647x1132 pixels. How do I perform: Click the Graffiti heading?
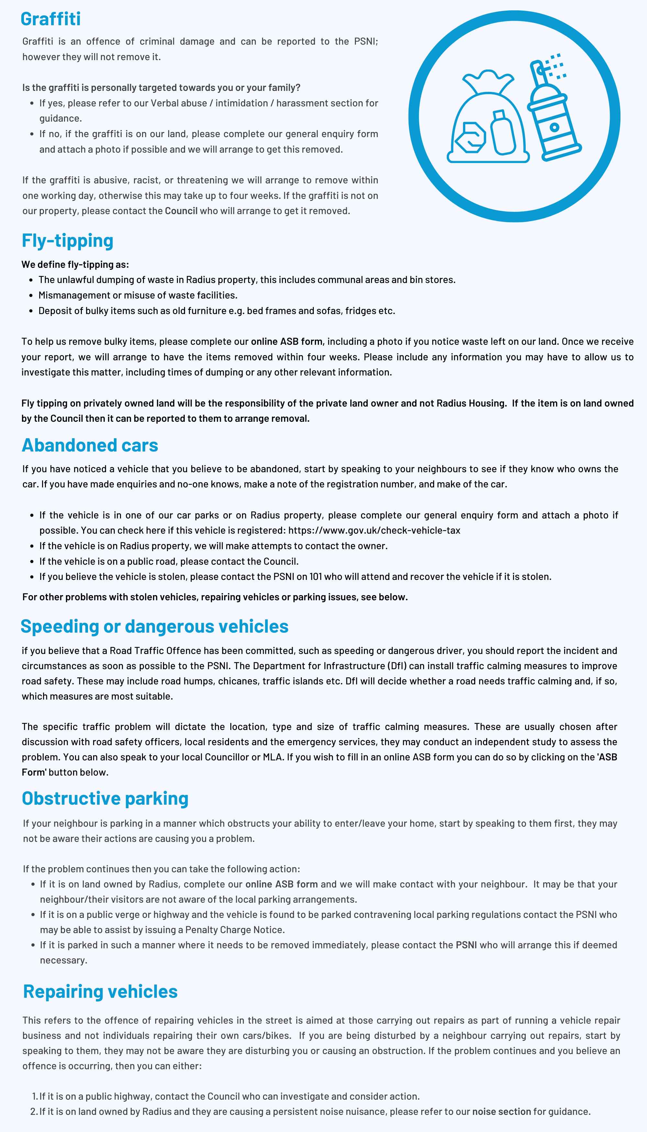(x=51, y=19)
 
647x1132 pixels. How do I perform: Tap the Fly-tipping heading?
(x=68, y=241)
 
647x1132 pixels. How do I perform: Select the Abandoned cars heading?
(x=90, y=445)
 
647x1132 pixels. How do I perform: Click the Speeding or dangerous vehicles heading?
(x=154, y=626)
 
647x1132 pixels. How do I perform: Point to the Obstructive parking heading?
(x=105, y=798)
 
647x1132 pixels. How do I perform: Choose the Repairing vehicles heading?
(x=100, y=992)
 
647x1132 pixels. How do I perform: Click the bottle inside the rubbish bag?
(x=503, y=133)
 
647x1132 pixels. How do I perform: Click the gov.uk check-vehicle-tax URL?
(x=374, y=530)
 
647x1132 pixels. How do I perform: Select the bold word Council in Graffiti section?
(x=181, y=211)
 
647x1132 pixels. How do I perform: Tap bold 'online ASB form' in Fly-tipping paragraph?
(x=287, y=342)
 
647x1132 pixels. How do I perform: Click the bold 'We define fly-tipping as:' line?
(x=75, y=264)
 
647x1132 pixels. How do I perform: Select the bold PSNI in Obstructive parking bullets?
(x=466, y=945)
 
